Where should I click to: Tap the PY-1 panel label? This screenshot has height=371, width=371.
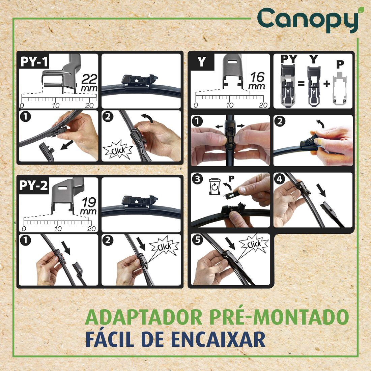tap(34, 62)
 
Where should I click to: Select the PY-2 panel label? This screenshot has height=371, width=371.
tap(33, 186)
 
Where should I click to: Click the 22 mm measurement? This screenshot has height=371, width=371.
tap(89, 83)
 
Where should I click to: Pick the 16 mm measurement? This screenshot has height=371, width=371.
tap(257, 81)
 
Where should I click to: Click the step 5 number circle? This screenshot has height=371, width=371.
tap(197, 240)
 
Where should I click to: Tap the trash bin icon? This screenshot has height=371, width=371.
tap(214, 186)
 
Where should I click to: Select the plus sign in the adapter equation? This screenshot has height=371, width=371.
tap(326, 83)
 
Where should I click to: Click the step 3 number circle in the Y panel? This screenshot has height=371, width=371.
tap(197, 179)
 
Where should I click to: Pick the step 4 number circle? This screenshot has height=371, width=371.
tap(279, 179)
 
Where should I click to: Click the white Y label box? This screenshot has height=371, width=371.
tap(201, 62)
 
